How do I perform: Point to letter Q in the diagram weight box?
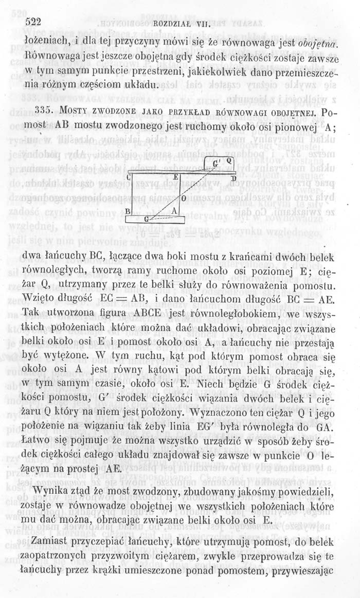pyautogui.click(x=230, y=162)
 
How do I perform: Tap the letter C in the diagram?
pyautogui.click(x=130, y=177)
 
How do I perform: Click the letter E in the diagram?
pyautogui.click(x=175, y=176)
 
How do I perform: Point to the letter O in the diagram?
pyautogui.click(x=184, y=197)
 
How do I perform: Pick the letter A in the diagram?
pyautogui.click(x=174, y=211)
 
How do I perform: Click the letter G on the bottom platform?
pyautogui.click(x=146, y=219)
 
